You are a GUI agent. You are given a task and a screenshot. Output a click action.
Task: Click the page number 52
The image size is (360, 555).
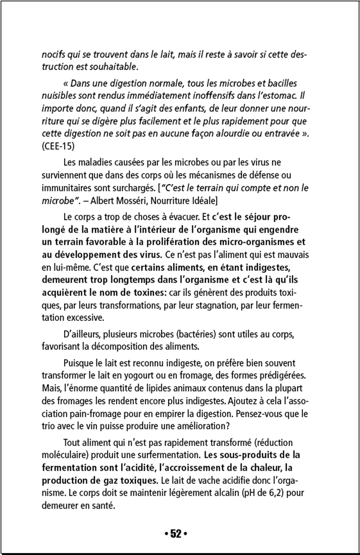[176, 534]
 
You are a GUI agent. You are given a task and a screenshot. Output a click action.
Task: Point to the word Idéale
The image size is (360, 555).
[201, 200]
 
